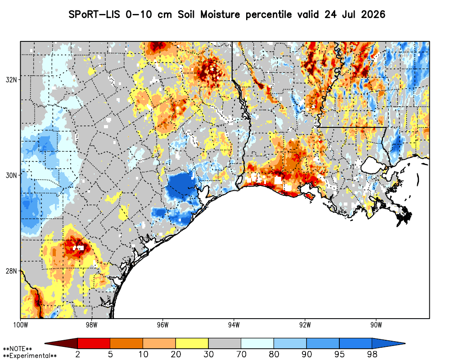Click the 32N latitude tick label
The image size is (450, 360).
pyautogui.click(x=11, y=80)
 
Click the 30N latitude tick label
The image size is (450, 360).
pyautogui.click(x=11, y=175)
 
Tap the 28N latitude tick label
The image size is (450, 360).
pyautogui.click(x=11, y=271)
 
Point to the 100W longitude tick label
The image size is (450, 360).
pyautogui.click(x=20, y=325)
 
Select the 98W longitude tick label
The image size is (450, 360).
pyautogui.click(x=91, y=325)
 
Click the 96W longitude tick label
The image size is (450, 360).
pyautogui.click(x=163, y=325)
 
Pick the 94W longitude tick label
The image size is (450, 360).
pyautogui.click(x=234, y=325)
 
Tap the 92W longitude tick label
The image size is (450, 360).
pyautogui.click(x=305, y=325)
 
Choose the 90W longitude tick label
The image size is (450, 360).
pyautogui.click(x=376, y=325)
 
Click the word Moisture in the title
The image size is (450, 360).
pyautogui.click(x=220, y=14)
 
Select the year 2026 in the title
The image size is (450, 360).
pyautogui.click(x=373, y=14)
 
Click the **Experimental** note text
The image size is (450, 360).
pyautogui.click(x=30, y=356)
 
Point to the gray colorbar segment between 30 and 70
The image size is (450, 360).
pyautogui.click(x=225, y=343)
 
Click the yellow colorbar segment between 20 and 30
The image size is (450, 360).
pyautogui.click(x=192, y=343)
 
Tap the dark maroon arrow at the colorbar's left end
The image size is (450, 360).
pyautogui.click(x=61, y=343)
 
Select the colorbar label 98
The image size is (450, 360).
pyautogui.click(x=372, y=354)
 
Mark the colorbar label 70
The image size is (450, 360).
pyautogui.click(x=241, y=354)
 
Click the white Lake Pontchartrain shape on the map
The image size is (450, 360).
pyautogui.click(x=373, y=166)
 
